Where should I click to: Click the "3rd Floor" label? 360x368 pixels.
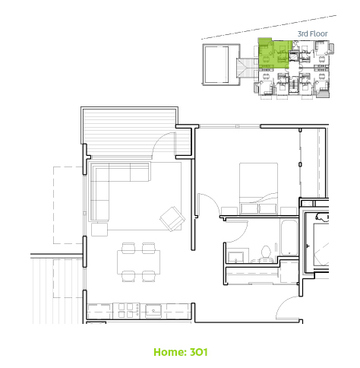(312, 33)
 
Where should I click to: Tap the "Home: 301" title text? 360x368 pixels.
(181, 352)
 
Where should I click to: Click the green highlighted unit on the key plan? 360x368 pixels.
(274, 54)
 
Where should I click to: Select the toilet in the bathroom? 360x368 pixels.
(266, 254)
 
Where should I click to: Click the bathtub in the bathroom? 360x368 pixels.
(289, 238)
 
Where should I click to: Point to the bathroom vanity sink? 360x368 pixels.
(235, 257)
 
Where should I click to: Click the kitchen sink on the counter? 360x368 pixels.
(153, 311)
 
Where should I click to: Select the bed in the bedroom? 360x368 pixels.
(258, 189)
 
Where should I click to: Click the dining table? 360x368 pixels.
(138, 262)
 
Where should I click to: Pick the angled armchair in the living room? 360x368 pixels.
(172, 219)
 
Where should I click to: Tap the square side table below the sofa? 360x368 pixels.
(99, 230)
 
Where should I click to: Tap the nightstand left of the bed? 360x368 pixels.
(229, 211)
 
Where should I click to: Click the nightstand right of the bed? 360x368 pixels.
(289, 211)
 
